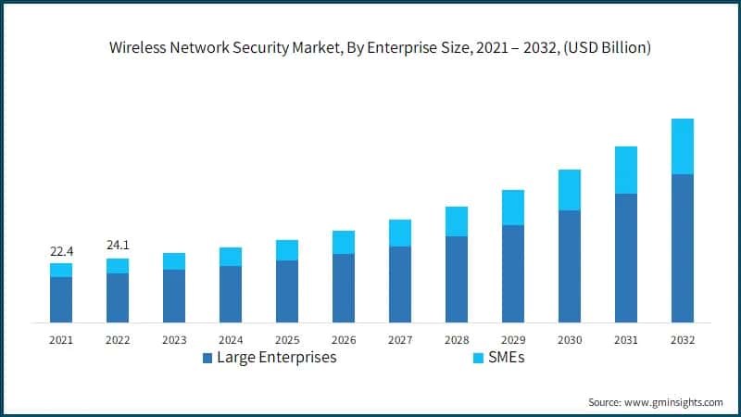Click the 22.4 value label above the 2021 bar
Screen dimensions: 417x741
(x=61, y=251)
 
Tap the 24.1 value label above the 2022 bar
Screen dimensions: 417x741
(x=118, y=246)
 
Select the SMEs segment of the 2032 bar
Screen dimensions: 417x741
(x=683, y=146)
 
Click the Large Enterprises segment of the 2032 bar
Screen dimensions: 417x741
(x=683, y=248)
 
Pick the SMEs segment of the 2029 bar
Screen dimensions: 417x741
(x=513, y=208)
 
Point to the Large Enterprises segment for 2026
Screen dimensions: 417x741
(x=344, y=288)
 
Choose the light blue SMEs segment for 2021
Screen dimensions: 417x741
(x=61, y=270)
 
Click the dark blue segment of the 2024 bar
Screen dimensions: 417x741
(x=231, y=294)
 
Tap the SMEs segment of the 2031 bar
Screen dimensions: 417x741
(x=626, y=171)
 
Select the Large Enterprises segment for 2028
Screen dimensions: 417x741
(x=457, y=279)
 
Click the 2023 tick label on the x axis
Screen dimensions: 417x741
(x=174, y=340)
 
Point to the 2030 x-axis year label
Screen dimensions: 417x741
(x=570, y=340)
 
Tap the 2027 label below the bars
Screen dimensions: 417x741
(x=400, y=340)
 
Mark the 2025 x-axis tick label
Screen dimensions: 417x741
(x=287, y=340)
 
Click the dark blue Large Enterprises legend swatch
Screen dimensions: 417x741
(x=207, y=358)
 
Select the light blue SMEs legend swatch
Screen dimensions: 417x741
(x=479, y=358)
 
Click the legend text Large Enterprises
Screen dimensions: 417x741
(x=276, y=358)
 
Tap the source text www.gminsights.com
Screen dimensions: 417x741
(x=672, y=402)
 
